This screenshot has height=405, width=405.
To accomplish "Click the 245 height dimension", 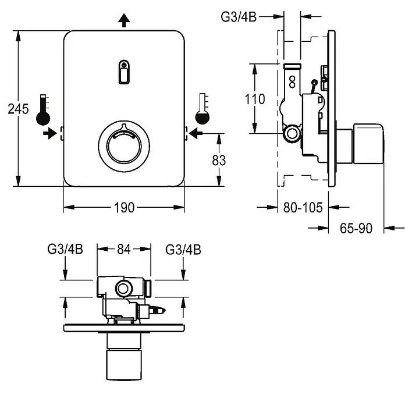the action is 18,109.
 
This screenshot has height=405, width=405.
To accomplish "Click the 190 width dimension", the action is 125,208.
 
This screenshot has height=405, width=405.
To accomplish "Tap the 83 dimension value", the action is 219,160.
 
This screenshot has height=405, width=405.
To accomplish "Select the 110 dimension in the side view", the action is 255,99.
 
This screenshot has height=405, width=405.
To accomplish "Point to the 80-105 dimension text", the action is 303,207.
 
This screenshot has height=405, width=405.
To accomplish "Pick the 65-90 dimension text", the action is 356,228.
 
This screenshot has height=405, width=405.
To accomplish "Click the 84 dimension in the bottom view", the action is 124,249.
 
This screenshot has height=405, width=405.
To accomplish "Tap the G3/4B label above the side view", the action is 239,17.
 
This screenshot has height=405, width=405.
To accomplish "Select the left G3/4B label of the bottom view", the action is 65,249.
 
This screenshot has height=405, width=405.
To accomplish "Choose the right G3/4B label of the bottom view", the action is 183,250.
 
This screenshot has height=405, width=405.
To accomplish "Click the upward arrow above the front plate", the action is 125,21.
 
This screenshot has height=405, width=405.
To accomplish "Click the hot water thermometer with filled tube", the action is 43,110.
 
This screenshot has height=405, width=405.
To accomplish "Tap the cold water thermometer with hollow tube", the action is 202,109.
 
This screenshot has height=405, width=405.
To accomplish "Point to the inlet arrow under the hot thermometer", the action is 50,133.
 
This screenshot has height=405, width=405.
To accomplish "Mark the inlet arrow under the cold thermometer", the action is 196,133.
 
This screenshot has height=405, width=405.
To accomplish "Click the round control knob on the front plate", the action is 124,146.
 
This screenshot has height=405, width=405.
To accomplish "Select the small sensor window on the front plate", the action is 124,72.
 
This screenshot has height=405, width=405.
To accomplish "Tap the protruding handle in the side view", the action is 368,144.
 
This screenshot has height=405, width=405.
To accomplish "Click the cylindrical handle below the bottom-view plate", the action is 124,364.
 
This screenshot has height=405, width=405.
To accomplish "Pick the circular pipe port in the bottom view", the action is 124,288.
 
